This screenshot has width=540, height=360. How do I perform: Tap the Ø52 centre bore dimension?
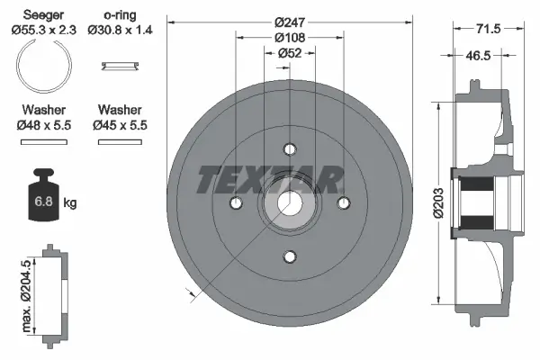289,52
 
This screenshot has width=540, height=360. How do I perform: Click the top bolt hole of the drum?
289,150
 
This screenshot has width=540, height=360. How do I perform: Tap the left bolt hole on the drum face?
236,203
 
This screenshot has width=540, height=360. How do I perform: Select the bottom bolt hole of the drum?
289,257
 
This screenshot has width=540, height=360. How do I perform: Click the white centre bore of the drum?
289,203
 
